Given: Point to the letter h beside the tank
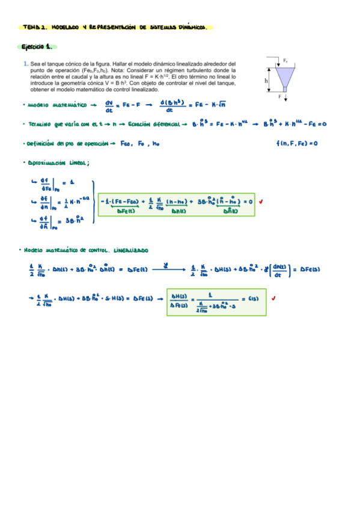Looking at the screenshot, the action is (x=265, y=79).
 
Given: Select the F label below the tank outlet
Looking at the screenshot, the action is (x=280, y=96).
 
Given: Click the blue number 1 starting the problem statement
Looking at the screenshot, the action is (x=25, y=63).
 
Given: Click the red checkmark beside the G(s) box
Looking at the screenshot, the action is (x=273, y=298).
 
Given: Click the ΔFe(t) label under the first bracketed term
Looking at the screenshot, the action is (x=126, y=211).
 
